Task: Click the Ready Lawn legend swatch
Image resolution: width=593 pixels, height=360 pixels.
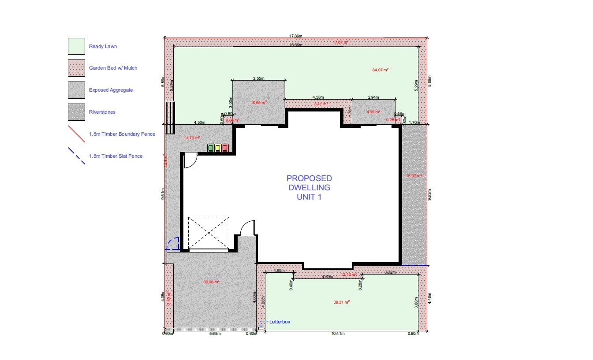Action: coord(76,46)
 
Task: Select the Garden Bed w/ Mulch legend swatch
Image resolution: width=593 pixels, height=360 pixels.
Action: coord(76,68)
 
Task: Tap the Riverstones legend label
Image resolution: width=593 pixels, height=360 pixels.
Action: coord(102,112)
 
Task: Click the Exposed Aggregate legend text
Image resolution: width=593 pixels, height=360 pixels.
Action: coord(111,90)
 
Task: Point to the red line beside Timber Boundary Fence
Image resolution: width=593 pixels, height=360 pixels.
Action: coord(76,134)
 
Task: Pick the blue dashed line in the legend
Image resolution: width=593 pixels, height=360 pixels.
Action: coord(76,156)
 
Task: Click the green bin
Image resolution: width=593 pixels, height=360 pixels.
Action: coord(211,148)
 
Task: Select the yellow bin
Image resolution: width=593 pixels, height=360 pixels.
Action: coord(218,148)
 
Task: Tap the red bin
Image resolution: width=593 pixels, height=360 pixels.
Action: coord(225,148)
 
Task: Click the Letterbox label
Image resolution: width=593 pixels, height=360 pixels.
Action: coord(280,322)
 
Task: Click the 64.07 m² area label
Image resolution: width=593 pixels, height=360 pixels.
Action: coord(380,70)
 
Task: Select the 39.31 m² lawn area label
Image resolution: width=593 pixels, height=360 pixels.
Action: coord(342,302)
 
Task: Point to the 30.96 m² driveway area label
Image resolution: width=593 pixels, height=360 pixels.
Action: coord(211,282)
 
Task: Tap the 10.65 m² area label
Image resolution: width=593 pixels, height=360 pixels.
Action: coord(259,102)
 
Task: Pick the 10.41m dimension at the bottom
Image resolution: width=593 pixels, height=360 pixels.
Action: coord(338,334)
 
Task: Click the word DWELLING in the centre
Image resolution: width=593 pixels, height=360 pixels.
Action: coord(309,187)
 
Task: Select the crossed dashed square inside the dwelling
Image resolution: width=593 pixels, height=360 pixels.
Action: coord(209,233)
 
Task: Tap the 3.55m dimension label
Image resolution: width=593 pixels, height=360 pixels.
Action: coord(258,78)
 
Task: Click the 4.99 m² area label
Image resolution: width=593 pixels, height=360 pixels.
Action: coord(373,112)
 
